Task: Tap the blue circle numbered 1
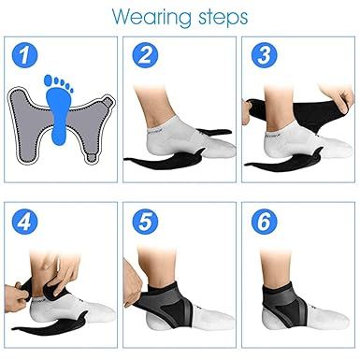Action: coord(26,56)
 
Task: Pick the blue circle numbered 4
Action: coord(26,223)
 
